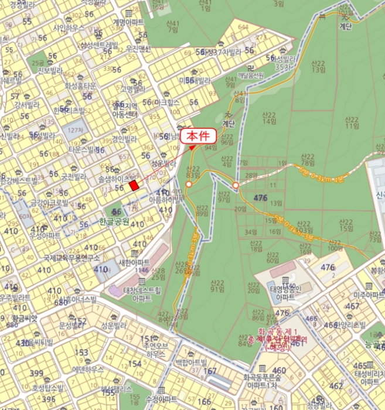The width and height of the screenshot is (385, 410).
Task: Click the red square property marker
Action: (x=134, y=185)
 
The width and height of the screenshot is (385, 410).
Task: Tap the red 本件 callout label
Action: (x=199, y=136)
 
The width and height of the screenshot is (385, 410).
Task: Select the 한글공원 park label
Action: (x=114, y=223)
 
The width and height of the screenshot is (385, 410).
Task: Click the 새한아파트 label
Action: (x=134, y=262)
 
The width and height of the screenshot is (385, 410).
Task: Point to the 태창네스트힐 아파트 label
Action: (x=137, y=293)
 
